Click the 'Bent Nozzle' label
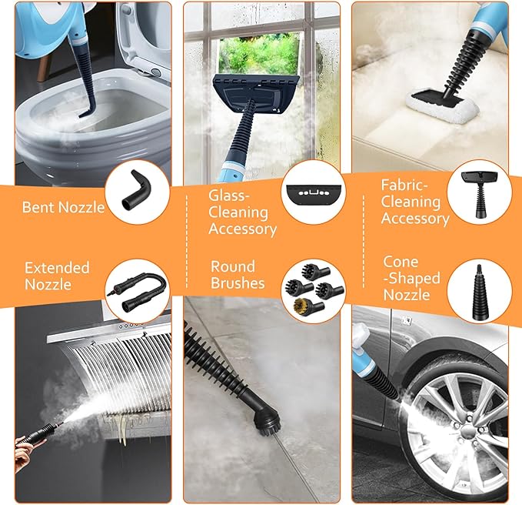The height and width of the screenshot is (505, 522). tap(63, 207)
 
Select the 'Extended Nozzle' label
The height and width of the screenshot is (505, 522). tap(57, 276)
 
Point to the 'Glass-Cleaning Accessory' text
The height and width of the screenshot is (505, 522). tap(242, 212)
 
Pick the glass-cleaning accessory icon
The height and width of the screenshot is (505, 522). tap(314, 194)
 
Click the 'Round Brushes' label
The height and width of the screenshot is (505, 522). tap(238, 275)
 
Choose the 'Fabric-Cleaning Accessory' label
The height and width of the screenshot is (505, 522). tap(415, 202)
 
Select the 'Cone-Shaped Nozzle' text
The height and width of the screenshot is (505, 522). tap(411, 279)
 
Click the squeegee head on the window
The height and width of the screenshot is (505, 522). tap(256, 93)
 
